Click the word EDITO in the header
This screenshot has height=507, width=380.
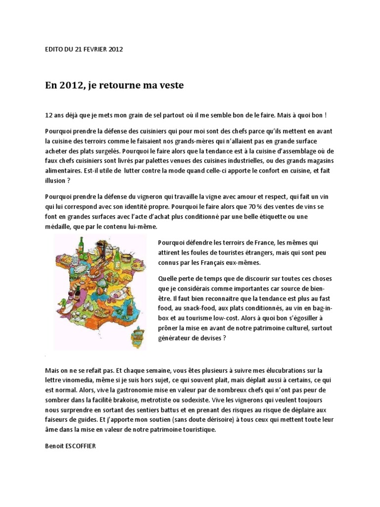pos(53,49)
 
